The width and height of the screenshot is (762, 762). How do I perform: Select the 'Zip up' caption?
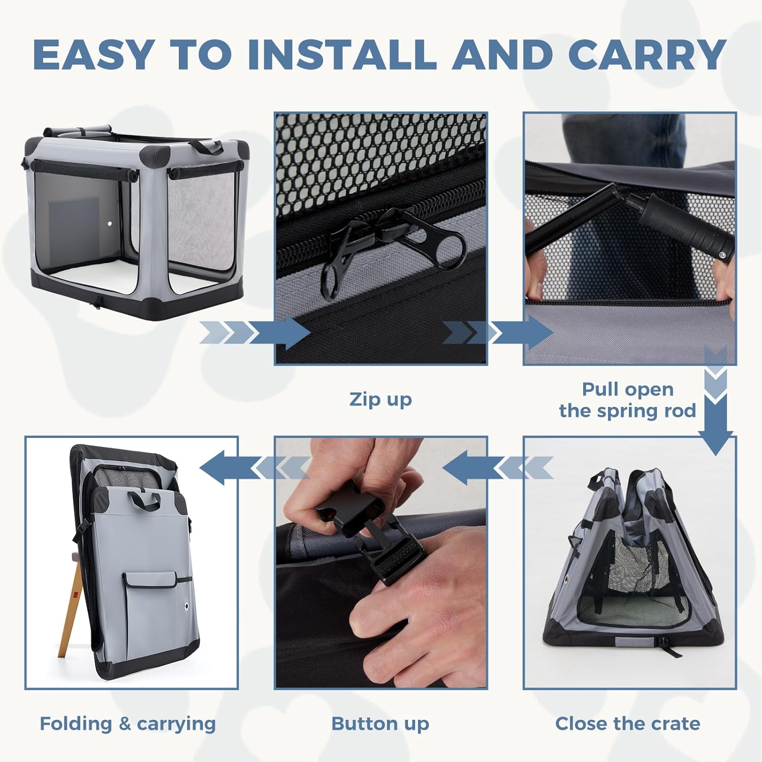(x=380, y=399)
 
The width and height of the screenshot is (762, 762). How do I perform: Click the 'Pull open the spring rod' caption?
(x=627, y=400)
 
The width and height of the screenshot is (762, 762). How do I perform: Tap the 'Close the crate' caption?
(x=627, y=723)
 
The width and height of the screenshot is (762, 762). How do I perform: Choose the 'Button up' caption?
(x=380, y=724)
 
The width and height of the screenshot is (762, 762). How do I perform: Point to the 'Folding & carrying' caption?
(x=128, y=724)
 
